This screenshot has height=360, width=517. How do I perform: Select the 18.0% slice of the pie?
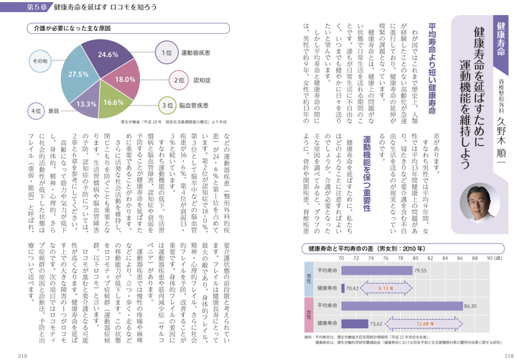click(123, 78)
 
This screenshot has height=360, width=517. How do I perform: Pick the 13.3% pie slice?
click(86, 103)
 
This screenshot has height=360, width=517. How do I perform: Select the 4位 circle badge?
click(36, 112)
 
